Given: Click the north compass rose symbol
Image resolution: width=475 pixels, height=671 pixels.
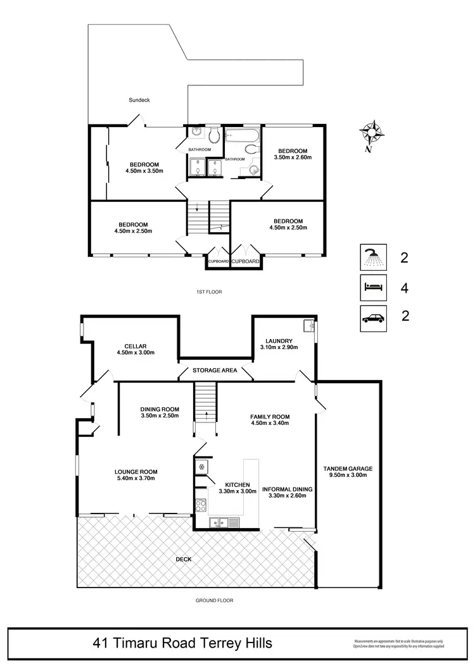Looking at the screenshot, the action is click(372, 133).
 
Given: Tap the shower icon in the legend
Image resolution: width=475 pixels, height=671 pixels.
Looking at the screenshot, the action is click(370, 257).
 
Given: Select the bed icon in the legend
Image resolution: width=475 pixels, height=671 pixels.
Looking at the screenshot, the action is click(370, 288).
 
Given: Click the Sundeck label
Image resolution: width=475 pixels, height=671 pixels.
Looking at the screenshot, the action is click(139, 100).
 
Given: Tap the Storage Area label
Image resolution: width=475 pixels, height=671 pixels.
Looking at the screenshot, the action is click(215, 370).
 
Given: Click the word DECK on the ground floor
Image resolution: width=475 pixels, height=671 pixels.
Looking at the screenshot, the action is click(184, 559).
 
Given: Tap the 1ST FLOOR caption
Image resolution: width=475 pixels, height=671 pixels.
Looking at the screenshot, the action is click(210, 292).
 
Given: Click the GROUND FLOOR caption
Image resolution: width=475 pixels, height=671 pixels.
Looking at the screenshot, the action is click(210, 601).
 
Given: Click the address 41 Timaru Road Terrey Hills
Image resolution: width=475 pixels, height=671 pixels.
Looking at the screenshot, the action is click(182, 643).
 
